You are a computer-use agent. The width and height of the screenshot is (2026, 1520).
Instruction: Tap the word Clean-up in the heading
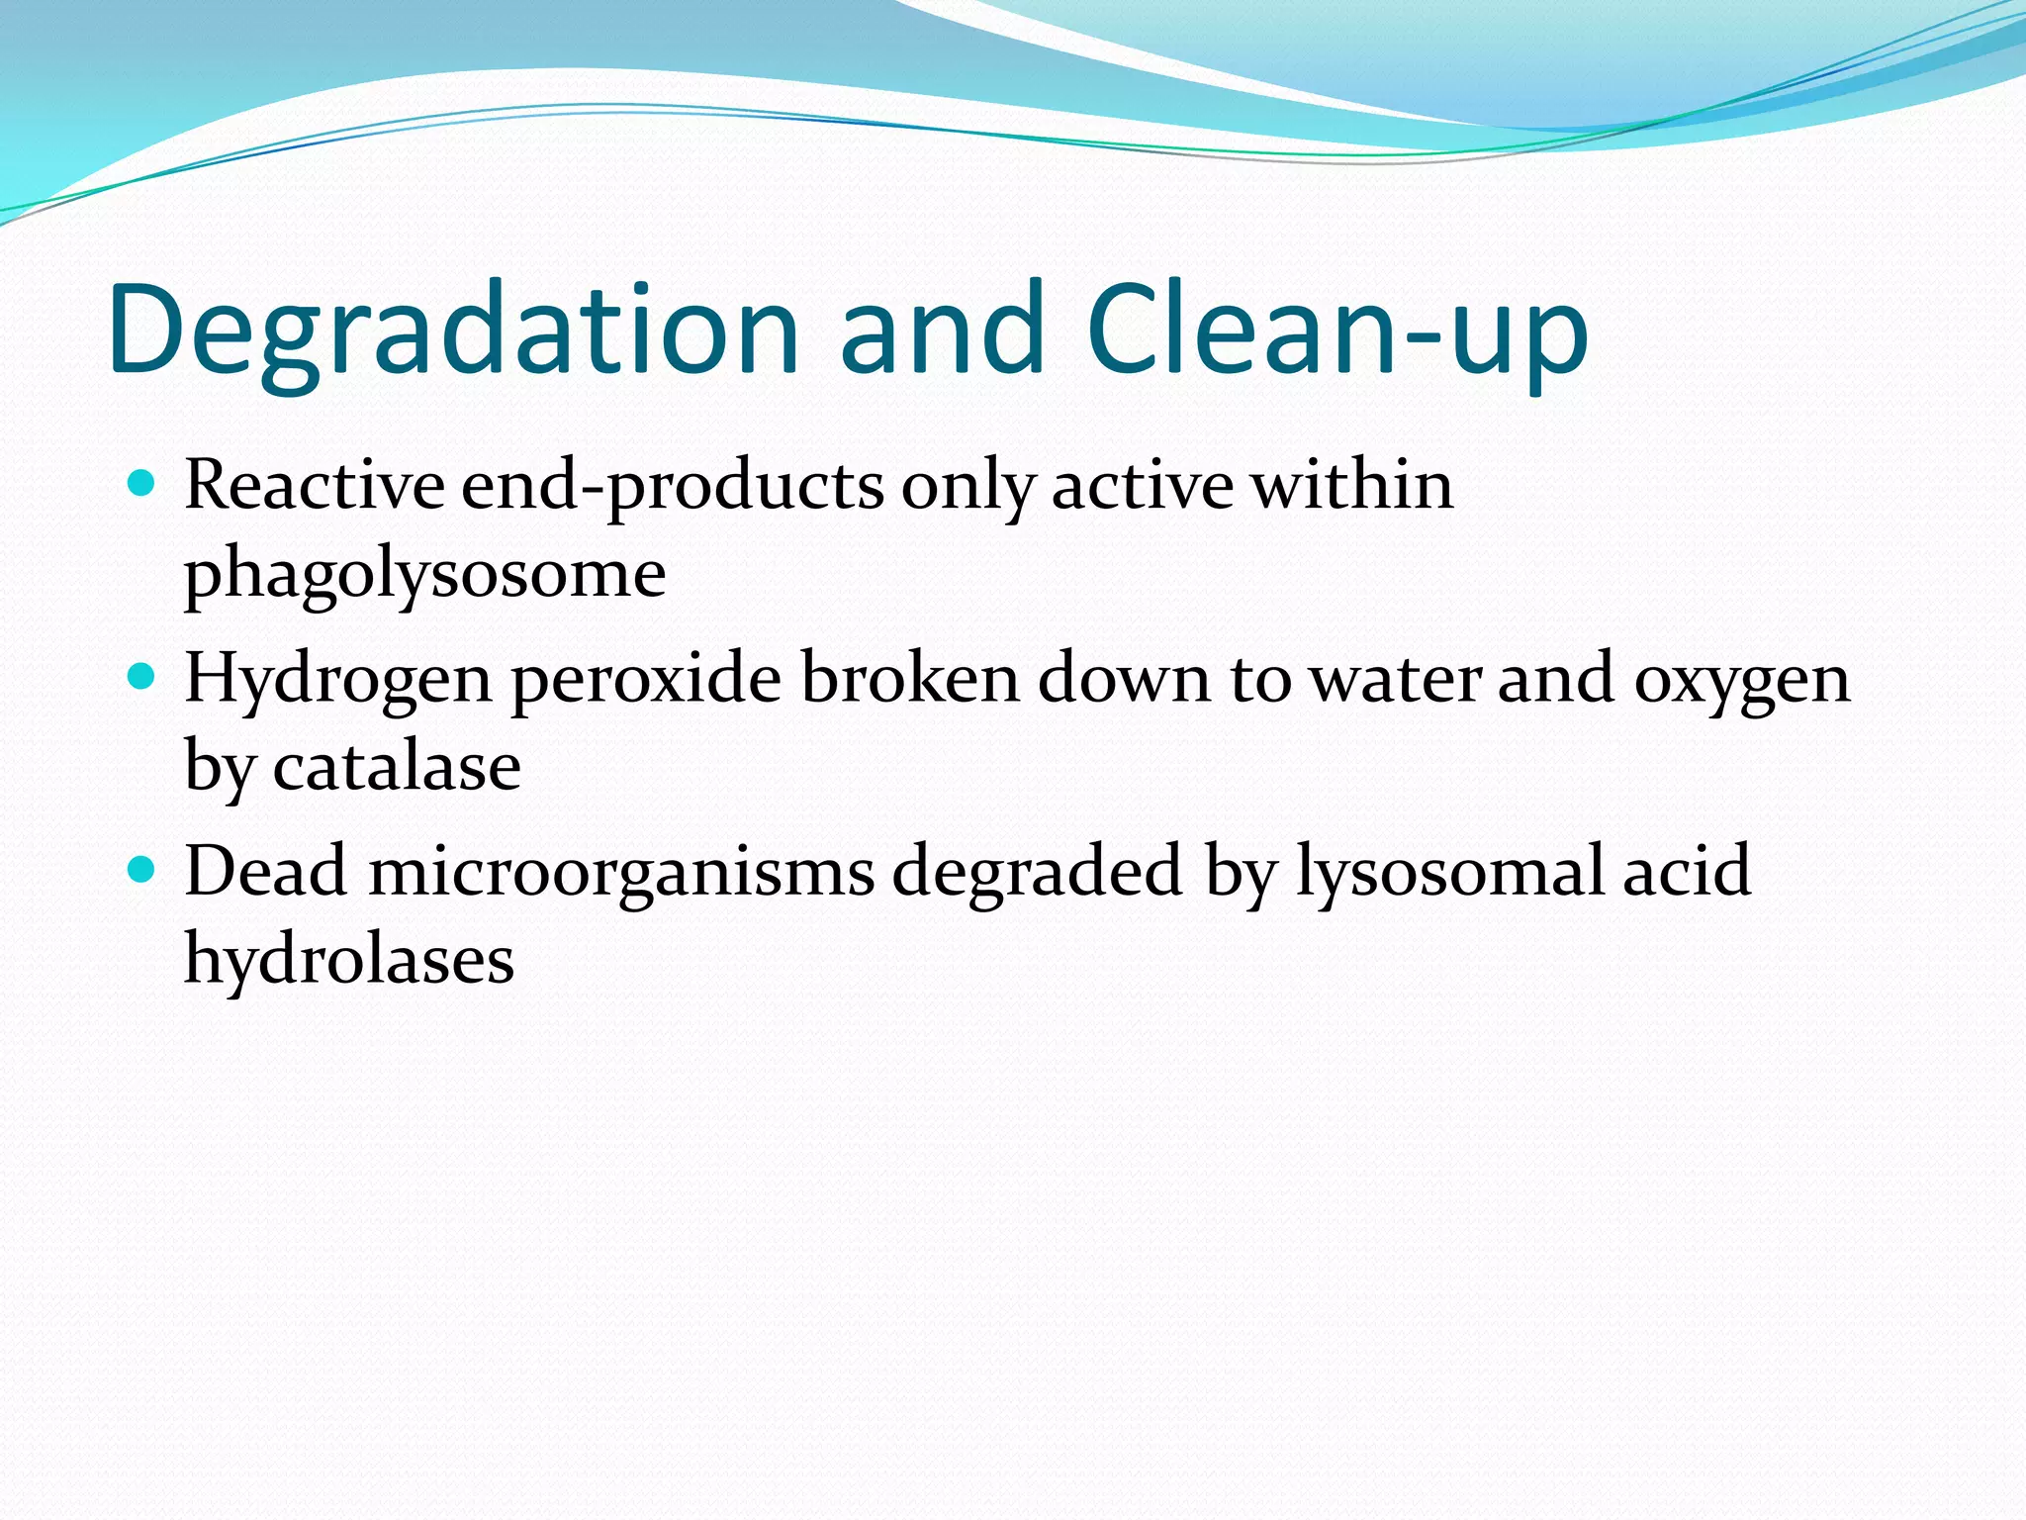(x=1335, y=332)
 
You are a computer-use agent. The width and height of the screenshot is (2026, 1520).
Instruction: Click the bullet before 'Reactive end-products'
(x=142, y=484)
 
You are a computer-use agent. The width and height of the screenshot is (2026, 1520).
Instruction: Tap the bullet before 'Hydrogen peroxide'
(x=142, y=677)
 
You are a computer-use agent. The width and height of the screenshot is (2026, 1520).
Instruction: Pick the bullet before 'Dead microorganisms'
(x=142, y=870)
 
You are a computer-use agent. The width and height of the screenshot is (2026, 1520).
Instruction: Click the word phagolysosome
(x=425, y=574)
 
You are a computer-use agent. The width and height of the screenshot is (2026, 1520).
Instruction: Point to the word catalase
(x=396, y=767)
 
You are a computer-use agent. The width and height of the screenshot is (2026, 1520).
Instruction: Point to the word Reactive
(x=315, y=486)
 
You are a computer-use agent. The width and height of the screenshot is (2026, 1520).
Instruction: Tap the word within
(x=1352, y=486)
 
